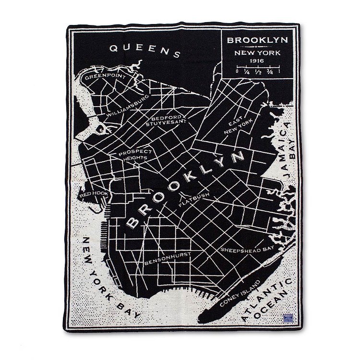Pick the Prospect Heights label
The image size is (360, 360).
tap(132, 154)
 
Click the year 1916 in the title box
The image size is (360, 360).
tap(258, 61)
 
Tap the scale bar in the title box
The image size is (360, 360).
tap(258, 70)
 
